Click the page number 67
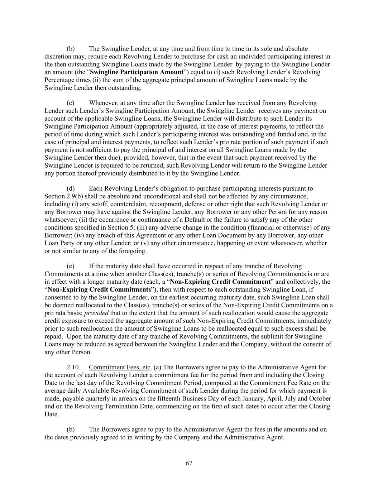tap(189, 463)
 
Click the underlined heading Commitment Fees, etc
tap(120, 367)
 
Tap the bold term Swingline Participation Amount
tap(137, 72)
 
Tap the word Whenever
tap(102, 103)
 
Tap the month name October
tap(320, 398)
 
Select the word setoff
tap(113, 204)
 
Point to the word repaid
tap(54, 336)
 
